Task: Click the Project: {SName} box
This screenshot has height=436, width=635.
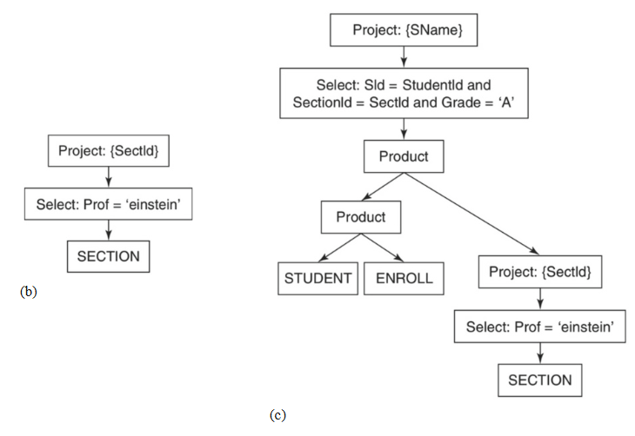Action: (x=402, y=30)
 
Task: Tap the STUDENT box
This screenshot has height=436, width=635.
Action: (x=318, y=280)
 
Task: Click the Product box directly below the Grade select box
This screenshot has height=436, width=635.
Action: (x=403, y=157)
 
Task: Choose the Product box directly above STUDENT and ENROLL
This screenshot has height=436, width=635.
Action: (x=360, y=217)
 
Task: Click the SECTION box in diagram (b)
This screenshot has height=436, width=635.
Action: (x=108, y=256)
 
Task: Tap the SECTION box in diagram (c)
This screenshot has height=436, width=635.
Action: (x=539, y=380)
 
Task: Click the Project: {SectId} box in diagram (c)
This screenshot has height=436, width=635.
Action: (x=539, y=273)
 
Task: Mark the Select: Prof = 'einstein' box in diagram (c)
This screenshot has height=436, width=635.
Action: (x=539, y=327)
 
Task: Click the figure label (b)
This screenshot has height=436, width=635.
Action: (x=29, y=292)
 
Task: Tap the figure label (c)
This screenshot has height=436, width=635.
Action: (x=277, y=415)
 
